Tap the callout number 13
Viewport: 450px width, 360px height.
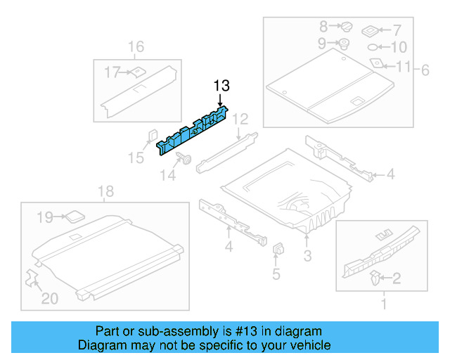tap(221, 86)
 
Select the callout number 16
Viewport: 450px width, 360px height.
tap(135, 47)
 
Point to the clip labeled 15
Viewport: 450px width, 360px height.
tap(151, 135)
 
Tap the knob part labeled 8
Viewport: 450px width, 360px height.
tap(346, 27)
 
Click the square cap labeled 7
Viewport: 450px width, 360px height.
tap(371, 31)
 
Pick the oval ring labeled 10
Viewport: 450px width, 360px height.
tap(373, 48)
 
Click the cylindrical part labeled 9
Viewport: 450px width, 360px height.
tap(345, 44)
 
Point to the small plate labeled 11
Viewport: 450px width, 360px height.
tap(377, 64)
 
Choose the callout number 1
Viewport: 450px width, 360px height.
tap(383, 304)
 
